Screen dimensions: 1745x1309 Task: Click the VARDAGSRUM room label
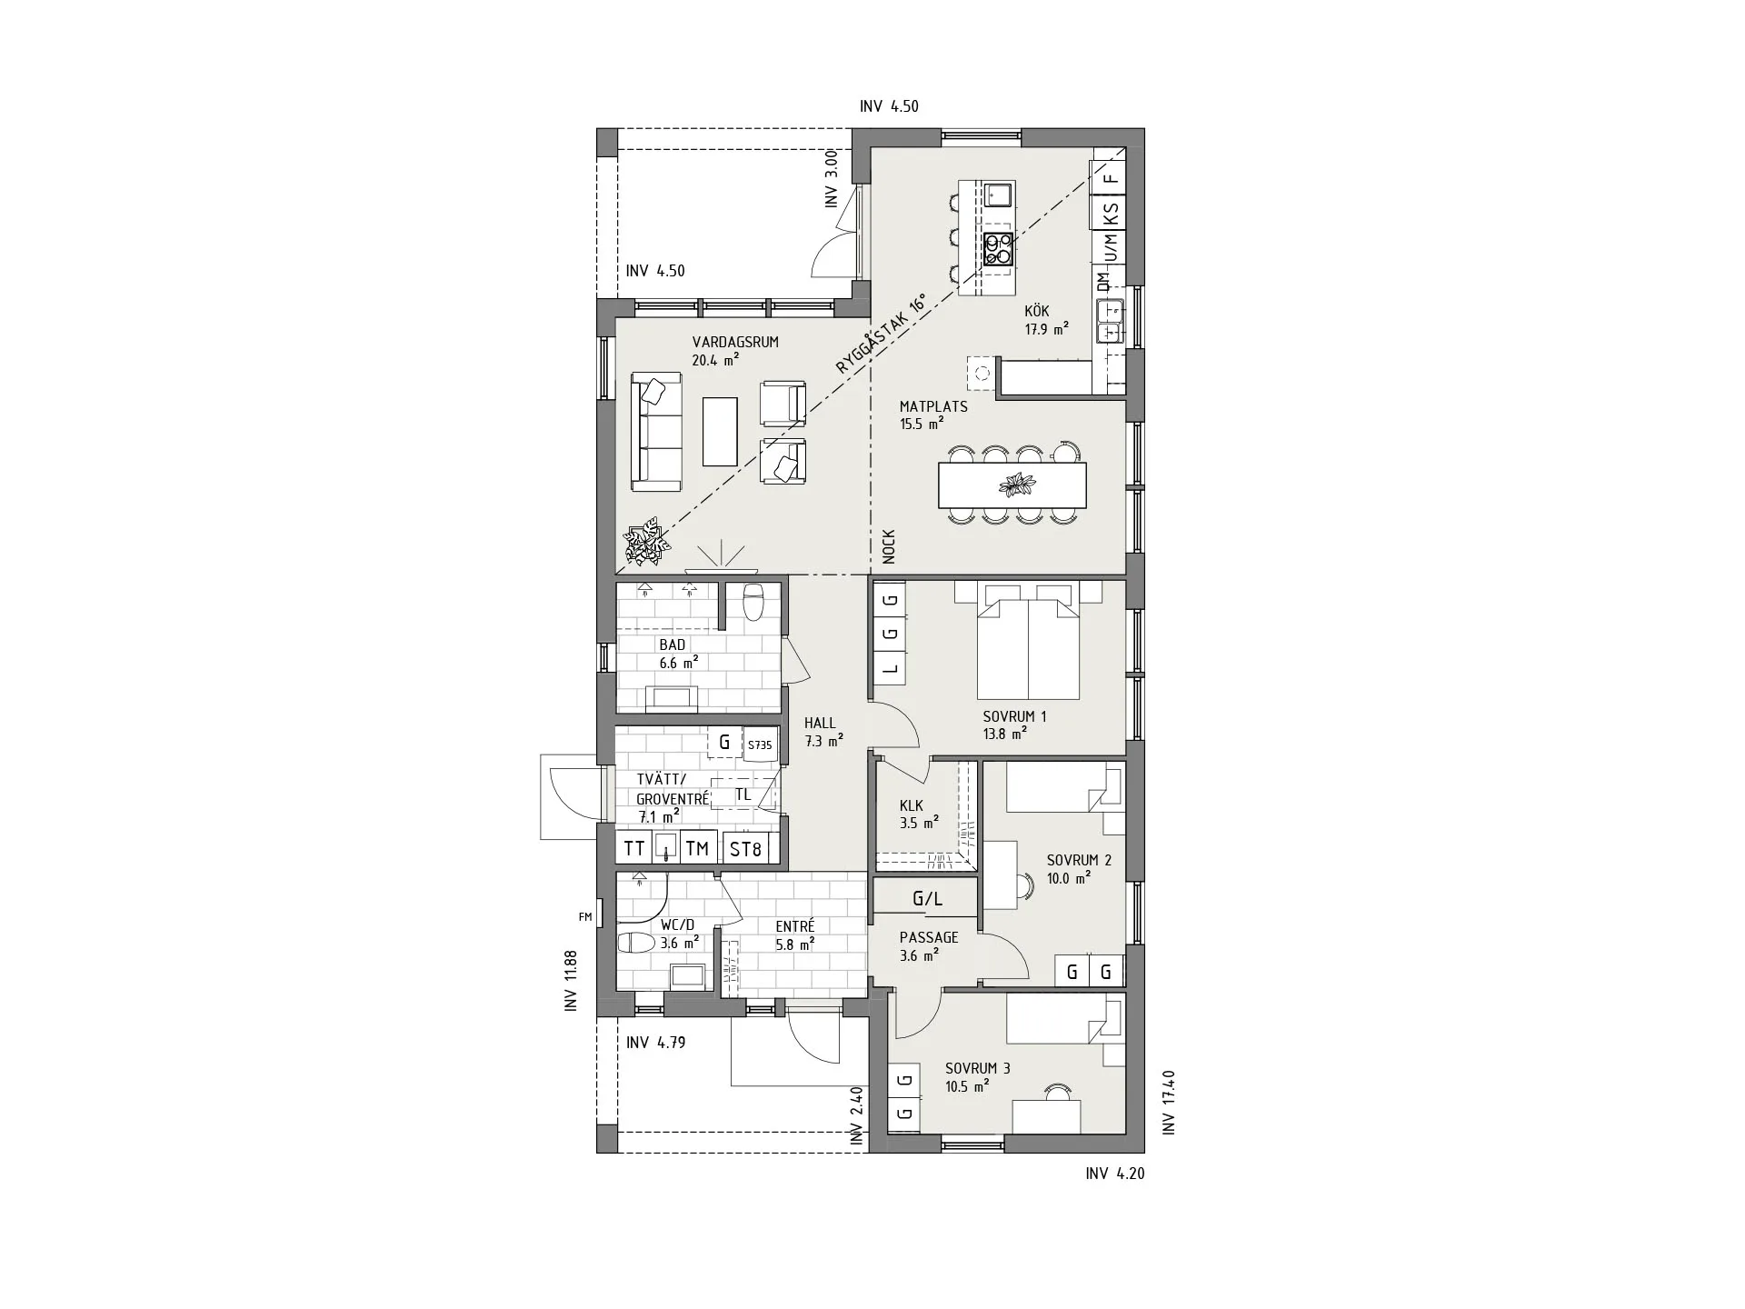[x=735, y=343]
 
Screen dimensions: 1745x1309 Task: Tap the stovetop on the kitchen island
[x=999, y=249]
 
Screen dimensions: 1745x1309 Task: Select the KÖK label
[x=1037, y=311]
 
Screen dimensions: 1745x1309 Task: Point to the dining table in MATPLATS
[x=1012, y=485]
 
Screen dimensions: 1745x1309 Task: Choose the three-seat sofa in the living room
[x=656, y=432]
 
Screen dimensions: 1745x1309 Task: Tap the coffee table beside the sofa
[x=721, y=431]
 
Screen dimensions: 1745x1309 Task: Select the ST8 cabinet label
[x=745, y=849]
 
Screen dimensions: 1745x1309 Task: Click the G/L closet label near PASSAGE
[x=927, y=900]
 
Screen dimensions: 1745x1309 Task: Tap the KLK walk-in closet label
[x=912, y=805]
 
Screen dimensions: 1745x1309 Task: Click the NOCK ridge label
[x=889, y=547]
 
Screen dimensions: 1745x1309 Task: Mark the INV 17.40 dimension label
[x=1169, y=1102]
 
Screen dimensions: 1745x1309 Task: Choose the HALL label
[x=820, y=724]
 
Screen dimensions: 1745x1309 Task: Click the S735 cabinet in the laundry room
[x=760, y=744]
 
